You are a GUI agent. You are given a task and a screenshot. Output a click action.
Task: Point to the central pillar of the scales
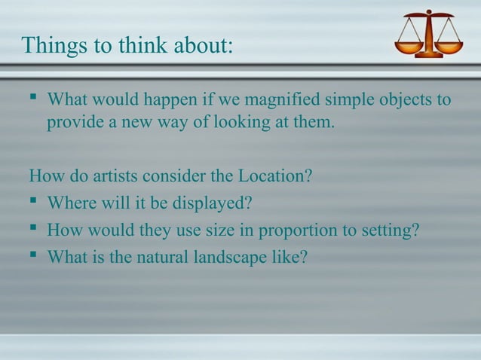pyautogui.click(x=429, y=34)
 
